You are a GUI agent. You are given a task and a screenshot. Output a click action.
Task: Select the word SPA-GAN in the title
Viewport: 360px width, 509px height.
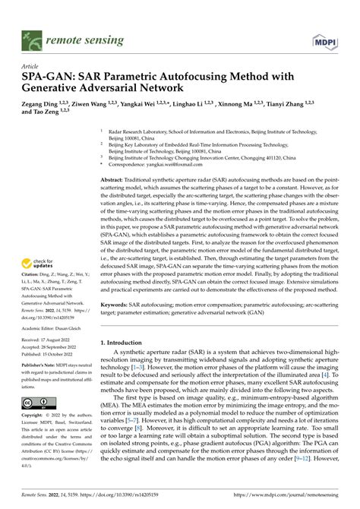(49, 77)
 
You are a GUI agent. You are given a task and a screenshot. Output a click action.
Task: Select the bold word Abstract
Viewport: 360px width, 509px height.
(116, 179)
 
